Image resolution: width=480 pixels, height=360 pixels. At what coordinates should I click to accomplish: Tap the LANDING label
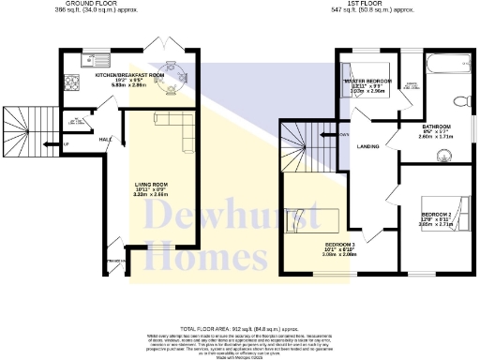[x=368, y=146]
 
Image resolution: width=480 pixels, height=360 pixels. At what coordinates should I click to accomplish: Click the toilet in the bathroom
[x=457, y=101]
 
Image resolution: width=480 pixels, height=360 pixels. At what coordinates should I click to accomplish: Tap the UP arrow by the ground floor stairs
[x=67, y=143]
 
